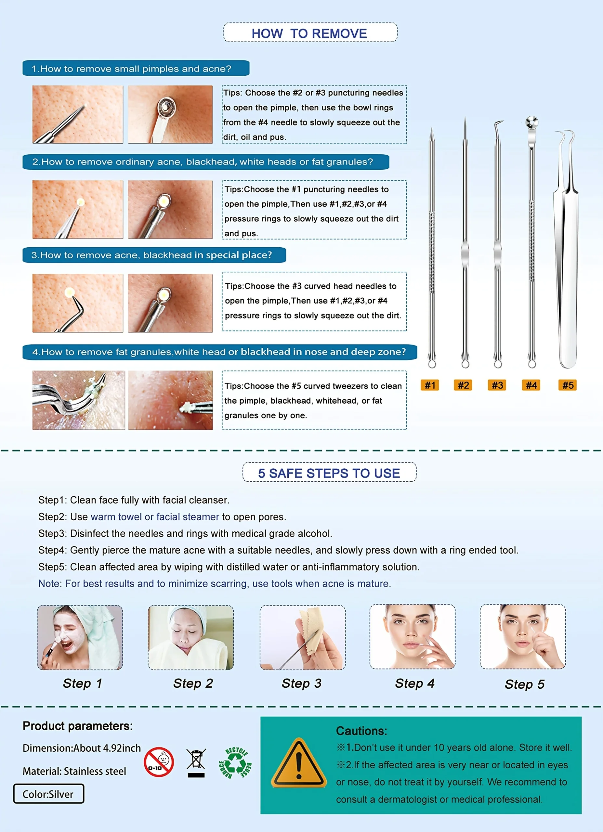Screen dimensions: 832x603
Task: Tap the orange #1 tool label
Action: (x=430, y=385)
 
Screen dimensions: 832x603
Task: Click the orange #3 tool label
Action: (x=497, y=385)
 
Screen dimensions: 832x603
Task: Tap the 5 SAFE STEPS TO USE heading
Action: (x=329, y=473)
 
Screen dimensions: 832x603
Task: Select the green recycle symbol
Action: (x=235, y=763)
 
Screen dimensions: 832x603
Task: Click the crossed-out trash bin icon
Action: (x=196, y=763)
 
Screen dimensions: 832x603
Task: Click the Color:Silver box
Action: (x=48, y=794)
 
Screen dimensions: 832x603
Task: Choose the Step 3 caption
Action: (x=302, y=683)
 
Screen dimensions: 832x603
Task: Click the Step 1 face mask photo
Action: (x=80, y=637)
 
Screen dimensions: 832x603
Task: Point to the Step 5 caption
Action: (x=524, y=684)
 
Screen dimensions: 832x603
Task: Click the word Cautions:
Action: (x=361, y=731)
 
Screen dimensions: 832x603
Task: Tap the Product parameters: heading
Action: (x=77, y=726)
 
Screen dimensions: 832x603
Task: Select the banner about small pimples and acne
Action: (x=136, y=69)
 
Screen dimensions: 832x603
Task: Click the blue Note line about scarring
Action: (x=215, y=583)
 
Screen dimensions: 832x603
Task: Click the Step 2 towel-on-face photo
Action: (x=191, y=637)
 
